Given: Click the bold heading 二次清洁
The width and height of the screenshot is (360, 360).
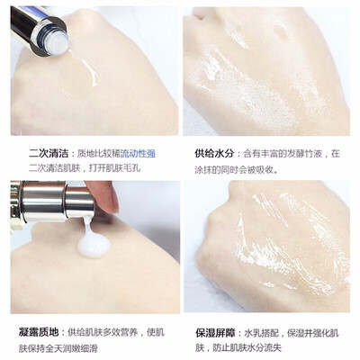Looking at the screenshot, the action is pyautogui.click(x=49, y=154).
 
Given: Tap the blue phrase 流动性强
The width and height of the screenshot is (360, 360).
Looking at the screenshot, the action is pyautogui.click(x=138, y=154).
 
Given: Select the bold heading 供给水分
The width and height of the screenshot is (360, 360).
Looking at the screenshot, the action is pyautogui.click(x=214, y=154).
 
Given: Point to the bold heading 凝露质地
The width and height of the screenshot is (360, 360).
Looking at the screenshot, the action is pyautogui.click(x=39, y=332).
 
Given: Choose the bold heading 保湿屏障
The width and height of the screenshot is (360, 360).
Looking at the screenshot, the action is pyautogui.click(x=215, y=333).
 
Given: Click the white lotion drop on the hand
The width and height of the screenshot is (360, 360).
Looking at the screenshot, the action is pyautogui.click(x=94, y=245).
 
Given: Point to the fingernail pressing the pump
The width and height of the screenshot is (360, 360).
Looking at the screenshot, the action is pyautogui.click(x=114, y=202).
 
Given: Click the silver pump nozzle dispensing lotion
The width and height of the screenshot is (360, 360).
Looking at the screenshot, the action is pyautogui.click(x=79, y=202).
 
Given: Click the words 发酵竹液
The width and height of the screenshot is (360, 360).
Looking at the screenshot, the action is pyautogui.click(x=305, y=154).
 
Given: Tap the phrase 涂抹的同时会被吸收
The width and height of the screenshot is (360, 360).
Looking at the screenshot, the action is pyautogui.click(x=234, y=170).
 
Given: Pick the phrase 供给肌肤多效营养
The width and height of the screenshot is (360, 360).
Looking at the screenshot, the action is pyautogui.click(x=103, y=332).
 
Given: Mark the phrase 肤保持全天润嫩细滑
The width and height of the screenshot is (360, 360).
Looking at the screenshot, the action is pyautogui.click(x=58, y=349).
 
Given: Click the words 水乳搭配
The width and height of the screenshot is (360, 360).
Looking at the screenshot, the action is pyautogui.click(x=262, y=333).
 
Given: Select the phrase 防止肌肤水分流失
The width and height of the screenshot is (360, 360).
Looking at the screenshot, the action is pyautogui.click(x=247, y=349).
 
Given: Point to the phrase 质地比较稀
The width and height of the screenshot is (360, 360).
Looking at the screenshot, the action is pyautogui.click(x=99, y=154).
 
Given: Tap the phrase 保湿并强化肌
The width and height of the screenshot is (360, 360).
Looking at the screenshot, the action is pyautogui.click(x=313, y=333).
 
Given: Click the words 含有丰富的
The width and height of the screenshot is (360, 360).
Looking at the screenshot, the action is pyautogui.click(x=265, y=154).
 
